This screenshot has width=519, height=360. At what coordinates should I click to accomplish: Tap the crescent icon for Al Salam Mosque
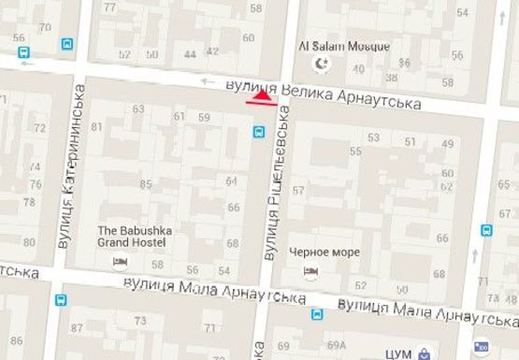321,64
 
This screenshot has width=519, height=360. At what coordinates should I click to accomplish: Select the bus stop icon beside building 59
257,133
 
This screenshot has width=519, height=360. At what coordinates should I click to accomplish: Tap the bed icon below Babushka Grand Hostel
119,261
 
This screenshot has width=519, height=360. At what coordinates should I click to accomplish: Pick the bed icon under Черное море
310,271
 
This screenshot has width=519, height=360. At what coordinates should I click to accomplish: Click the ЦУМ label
401,353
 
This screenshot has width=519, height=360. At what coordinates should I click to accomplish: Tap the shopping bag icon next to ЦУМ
425,353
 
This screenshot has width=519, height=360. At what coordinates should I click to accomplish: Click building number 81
96,126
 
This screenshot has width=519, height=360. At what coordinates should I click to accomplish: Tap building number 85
145,183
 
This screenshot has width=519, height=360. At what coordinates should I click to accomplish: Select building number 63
138,109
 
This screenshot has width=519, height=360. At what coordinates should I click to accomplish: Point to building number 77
110,8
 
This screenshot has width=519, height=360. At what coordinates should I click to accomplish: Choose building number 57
298,191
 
